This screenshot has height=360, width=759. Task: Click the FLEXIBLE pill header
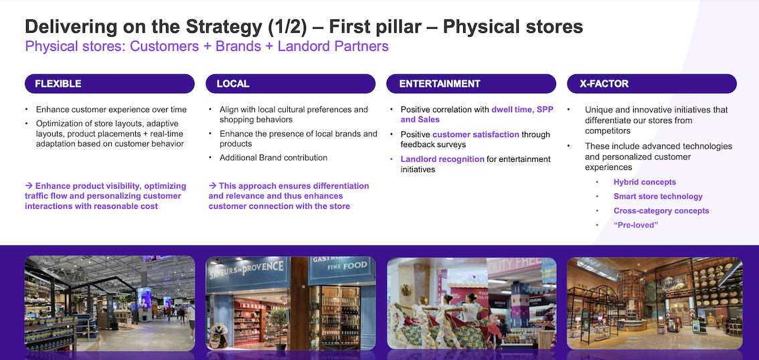(x=109, y=84)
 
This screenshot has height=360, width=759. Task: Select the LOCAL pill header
(x=290, y=84)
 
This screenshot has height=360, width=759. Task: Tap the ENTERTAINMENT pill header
(x=471, y=84)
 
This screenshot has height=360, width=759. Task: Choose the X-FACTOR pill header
(x=651, y=84)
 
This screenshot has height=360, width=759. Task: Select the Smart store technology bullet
(x=658, y=197)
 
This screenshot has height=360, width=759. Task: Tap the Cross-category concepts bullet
(x=661, y=211)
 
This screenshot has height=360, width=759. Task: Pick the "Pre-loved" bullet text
(x=636, y=225)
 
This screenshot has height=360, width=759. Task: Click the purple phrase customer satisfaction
(x=475, y=134)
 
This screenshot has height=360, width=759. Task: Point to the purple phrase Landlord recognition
(x=442, y=159)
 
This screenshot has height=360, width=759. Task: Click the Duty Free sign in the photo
(x=515, y=266)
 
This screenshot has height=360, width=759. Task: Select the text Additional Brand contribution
(x=274, y=158)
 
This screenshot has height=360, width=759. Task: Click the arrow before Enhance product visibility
(x=29, y=186)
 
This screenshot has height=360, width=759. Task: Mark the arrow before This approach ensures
(x=212, y=186)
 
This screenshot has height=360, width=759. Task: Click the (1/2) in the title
(x=288, y=27)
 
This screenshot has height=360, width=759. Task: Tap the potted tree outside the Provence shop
(x=279, y=325)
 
